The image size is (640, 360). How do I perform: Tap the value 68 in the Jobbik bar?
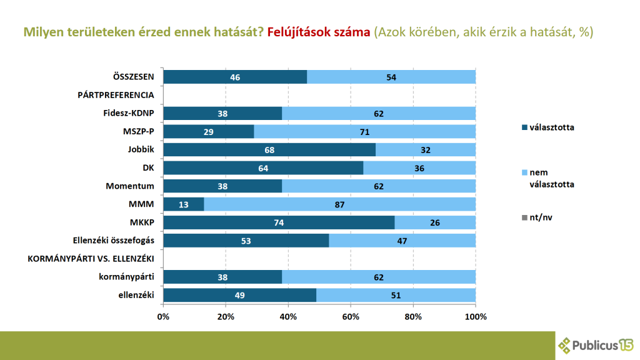tap(269, 150)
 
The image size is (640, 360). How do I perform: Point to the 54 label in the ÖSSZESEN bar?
tap(391, 77)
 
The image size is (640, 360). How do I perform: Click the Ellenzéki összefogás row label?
tap(109, 241)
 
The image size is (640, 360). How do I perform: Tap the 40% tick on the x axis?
tap(288, 317)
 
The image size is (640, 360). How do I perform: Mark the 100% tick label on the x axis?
tap(476, 317)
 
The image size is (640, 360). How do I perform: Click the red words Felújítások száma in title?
tap(319, 32)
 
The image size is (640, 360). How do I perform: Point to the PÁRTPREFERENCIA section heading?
tap(116, 96)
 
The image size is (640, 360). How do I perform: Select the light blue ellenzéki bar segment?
tap(396, 295)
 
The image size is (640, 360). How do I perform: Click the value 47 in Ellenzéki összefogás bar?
tap(402, 241)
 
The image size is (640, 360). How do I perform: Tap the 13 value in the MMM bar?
tap(183, 204)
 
